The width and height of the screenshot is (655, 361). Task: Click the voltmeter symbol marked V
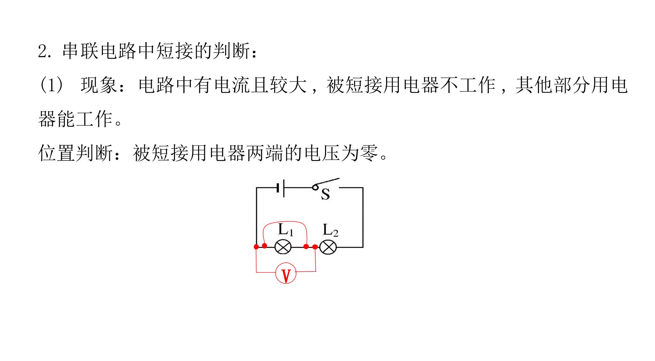coord(286,272)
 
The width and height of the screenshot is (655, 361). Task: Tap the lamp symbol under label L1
coord(283,247)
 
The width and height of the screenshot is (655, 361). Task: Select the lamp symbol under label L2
coord(328,247)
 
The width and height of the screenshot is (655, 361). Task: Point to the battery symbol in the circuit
coord(280,188)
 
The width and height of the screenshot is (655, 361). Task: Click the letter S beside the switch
coord(325,194)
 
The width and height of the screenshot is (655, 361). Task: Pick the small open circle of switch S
coord(315,187)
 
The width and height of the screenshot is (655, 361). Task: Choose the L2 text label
coord(330,230)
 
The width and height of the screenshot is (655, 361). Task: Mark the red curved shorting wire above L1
coord(285,223)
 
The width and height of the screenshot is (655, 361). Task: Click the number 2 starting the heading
coord(43,51)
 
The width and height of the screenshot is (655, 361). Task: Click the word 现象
coord(99,85)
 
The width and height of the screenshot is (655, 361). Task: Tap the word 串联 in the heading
coord(80,51)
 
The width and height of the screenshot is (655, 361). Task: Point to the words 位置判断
coord(75,152)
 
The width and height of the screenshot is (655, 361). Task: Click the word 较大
coord(289,85)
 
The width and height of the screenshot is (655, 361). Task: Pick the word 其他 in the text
coord(534,85)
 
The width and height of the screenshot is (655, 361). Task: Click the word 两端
coord(265,152)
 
